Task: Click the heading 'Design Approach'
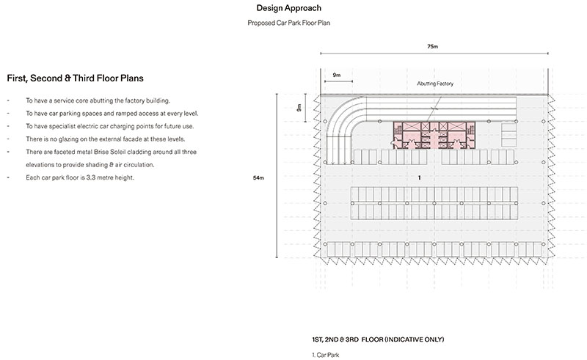click(x=288, y=8)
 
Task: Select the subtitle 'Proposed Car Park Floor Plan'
click(x=288, y=23)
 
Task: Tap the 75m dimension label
click(x=432, y=46)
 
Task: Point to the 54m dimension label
click(x=258, y=177)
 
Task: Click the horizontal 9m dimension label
click(x=337, y=75)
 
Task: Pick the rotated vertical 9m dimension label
click(x=299, y=108)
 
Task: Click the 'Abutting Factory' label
click(x=435, y=84)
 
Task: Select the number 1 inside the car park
click(x=419, y=177)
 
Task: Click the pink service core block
click(x=434, y=135)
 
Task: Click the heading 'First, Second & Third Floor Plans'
click(x=76, y=78)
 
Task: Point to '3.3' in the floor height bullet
click(x=90, y=177)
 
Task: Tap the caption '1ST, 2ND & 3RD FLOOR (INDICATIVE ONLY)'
click(x=378, y=339)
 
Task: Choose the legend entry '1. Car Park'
click(x=325, y=355)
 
